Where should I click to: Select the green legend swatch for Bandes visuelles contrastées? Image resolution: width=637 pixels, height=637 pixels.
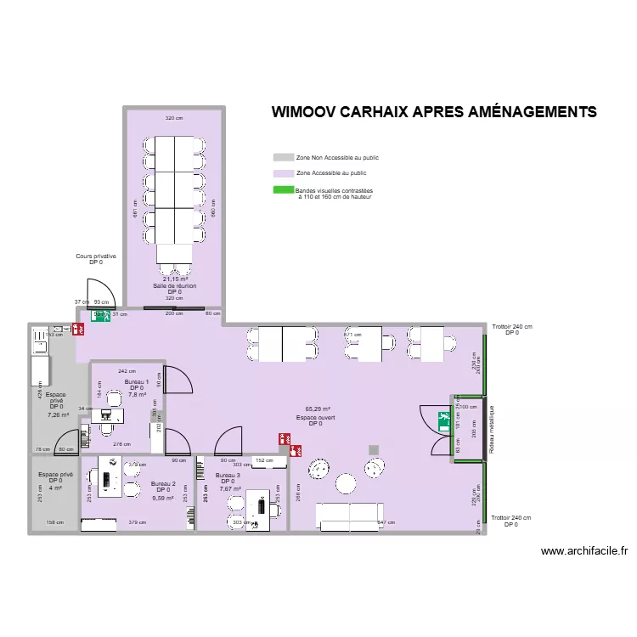click(283, 190)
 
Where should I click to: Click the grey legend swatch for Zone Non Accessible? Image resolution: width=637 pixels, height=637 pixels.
click(283, 158)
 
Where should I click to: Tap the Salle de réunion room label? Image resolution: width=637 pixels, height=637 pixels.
click(174, 285)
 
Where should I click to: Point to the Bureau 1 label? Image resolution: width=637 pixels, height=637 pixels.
click(136, 382)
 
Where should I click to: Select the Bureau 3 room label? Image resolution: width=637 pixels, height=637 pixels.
click(228, 475)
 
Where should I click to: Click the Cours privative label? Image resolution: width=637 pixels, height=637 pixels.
click(96, 256)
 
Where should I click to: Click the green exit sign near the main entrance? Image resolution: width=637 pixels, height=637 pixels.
click(443, 418)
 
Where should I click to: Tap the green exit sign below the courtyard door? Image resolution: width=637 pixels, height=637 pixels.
click(101, 316)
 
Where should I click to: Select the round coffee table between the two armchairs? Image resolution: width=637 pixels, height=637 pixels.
click(346, 483)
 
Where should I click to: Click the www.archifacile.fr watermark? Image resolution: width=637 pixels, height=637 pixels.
click(583, 550)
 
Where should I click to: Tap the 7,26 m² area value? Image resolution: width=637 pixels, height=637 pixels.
click(58, 414)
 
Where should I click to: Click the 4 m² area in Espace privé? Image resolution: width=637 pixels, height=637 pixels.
click(55, 488)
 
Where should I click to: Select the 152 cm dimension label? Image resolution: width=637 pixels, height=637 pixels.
click(263, 460)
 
